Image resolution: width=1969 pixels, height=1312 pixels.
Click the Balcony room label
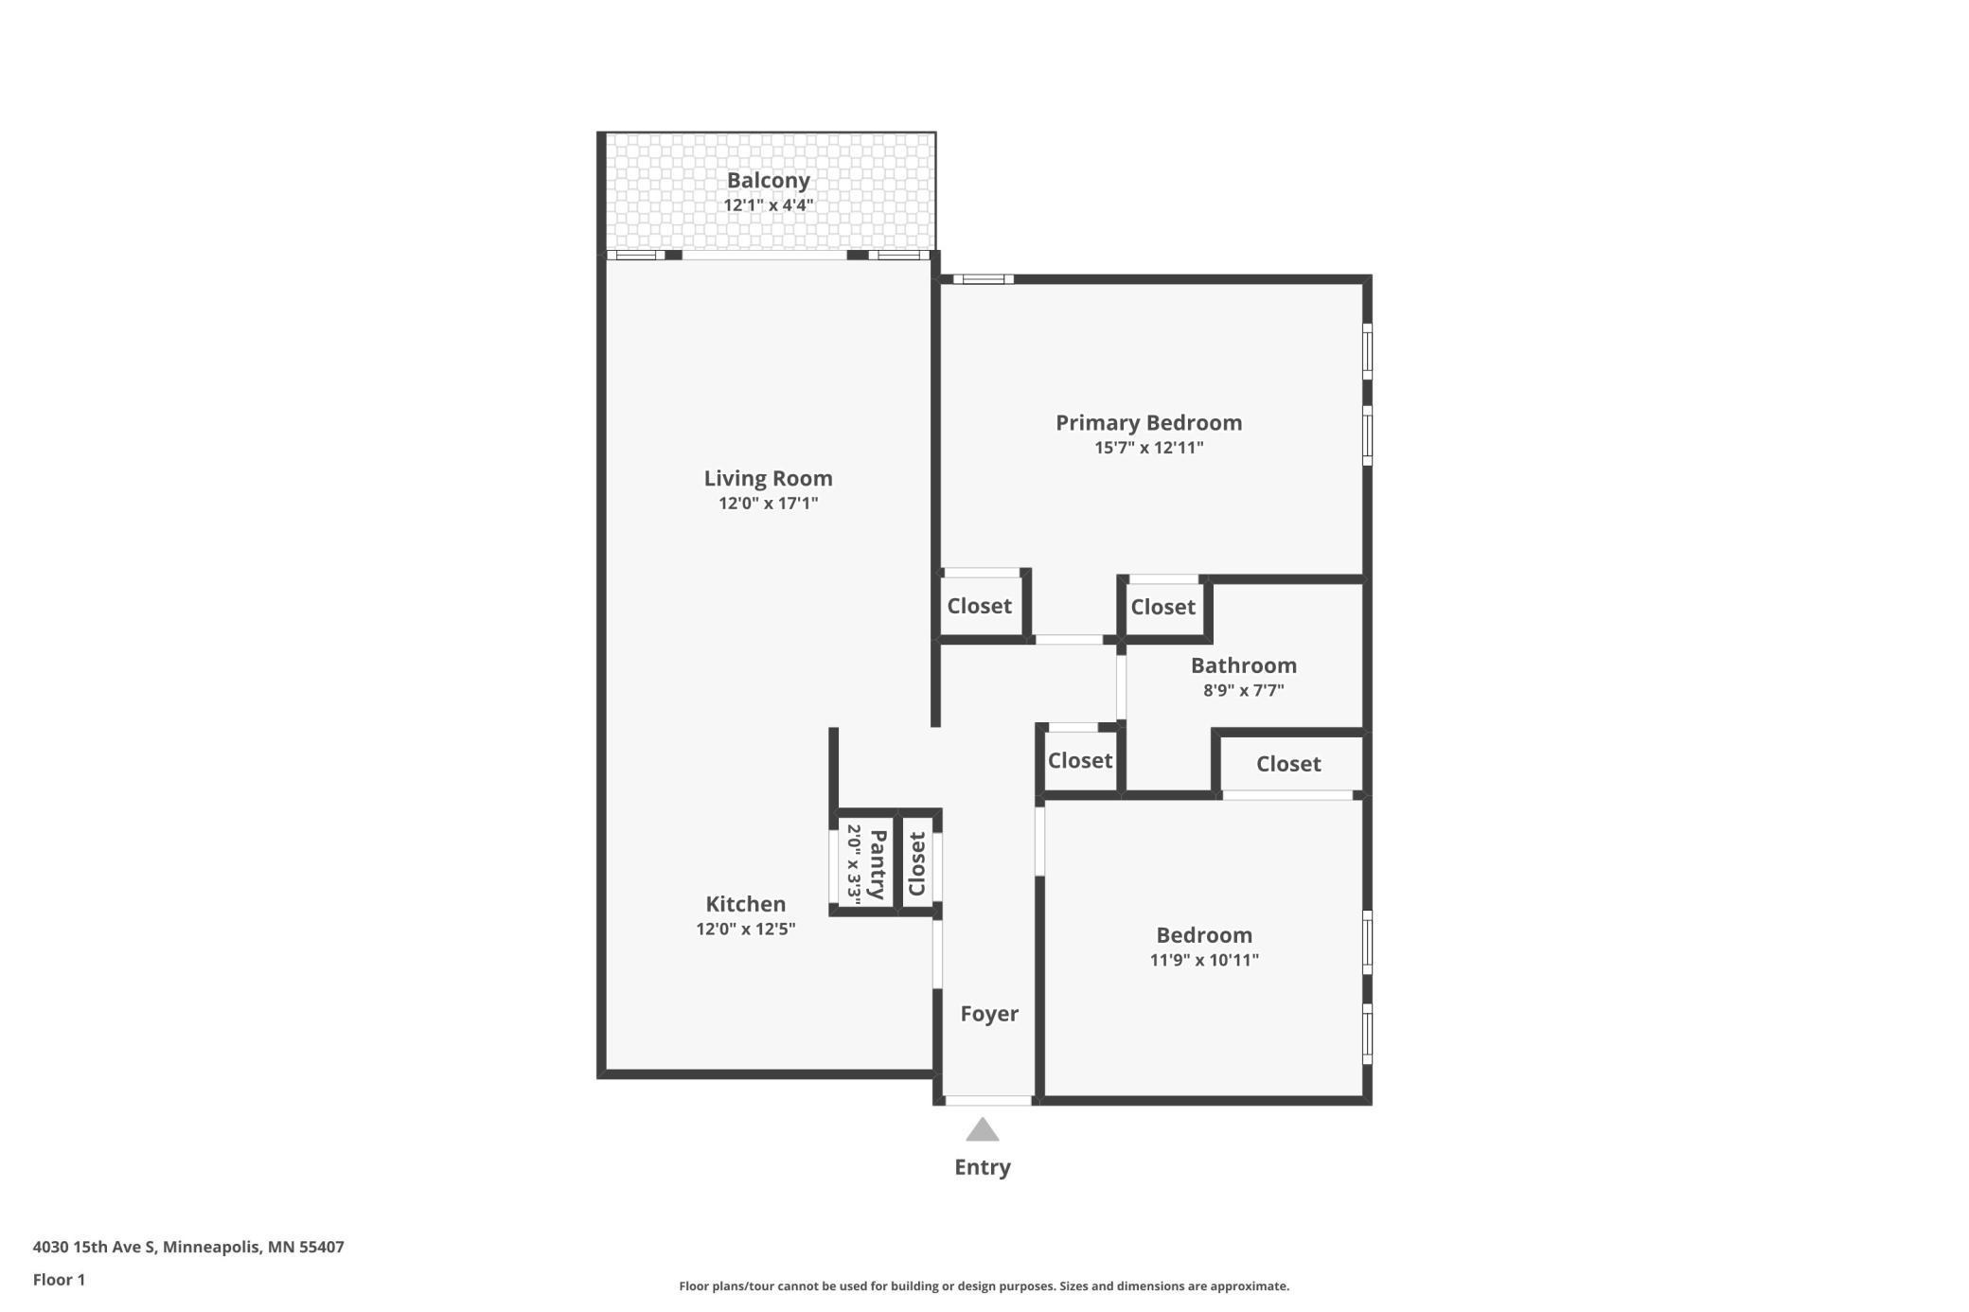coord(768,181)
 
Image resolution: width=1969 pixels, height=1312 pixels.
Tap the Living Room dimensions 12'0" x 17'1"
coord(768,504)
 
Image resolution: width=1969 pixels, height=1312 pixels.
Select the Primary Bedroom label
coord(1148,423)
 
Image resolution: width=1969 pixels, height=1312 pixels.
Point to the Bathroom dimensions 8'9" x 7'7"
coord(1243,691)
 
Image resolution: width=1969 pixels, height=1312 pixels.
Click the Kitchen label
coord(745,904)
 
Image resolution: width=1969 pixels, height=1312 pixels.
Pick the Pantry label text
coord(878,864)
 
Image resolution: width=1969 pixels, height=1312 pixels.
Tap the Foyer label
coord(989,1014)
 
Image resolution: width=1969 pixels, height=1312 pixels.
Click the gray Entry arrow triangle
coord(983,1130)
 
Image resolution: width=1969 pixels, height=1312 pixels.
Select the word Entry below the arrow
coord(983,1167)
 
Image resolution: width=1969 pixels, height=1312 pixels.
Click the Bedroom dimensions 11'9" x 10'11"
coord(1204,961)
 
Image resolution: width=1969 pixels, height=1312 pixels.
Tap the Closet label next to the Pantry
coord(916,863)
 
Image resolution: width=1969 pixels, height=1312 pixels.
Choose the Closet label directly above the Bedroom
coord(1287,764)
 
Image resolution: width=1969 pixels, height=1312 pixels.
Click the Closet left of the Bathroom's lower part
coord(1079,761)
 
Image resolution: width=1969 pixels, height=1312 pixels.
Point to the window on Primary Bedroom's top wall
coord(983,279)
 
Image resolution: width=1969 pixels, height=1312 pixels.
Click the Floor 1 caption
coord(59,1280)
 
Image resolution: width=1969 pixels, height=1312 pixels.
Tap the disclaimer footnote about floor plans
coord(984,1286)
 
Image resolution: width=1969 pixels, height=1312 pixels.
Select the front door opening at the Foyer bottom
coord(987,1101)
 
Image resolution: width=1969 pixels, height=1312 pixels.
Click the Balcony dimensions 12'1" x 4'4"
coord(768,205)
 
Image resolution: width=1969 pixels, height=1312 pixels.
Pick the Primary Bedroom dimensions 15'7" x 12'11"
coord(1148,449)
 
